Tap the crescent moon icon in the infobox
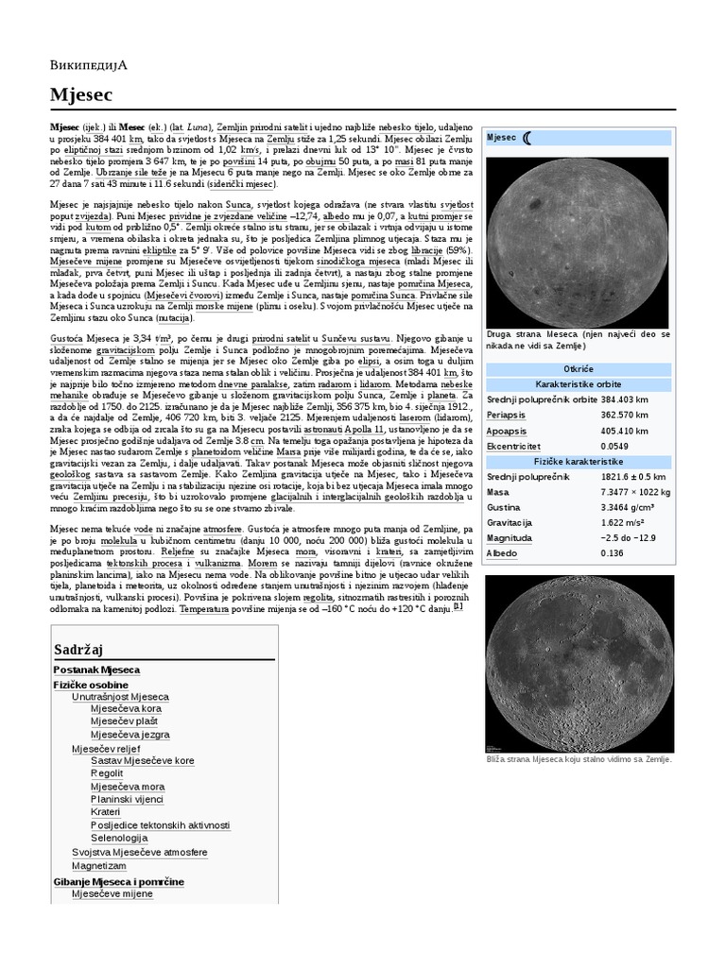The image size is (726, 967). point(527,138)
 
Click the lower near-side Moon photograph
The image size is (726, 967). point(579,664)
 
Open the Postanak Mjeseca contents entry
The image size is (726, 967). point(95,670)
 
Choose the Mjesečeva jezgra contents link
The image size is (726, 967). point(130,734)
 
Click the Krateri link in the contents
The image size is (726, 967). point(106,811)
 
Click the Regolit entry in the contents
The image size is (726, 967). point(107,772)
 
